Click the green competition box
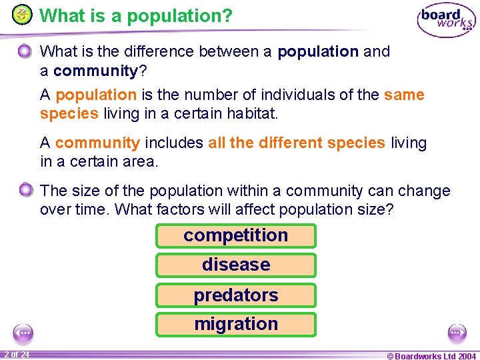coord(235,235)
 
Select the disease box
coord(235,265)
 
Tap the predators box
coord(235,295)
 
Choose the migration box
coord(235,324)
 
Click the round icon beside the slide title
coord(22,15)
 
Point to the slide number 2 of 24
coord(15,355)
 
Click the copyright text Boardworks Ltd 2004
coord(431,355)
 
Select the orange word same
coord(404,95)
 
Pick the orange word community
coord(97,143)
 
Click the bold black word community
coord(95,70)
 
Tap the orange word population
coord(95,95)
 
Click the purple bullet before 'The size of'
coord(25,191)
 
